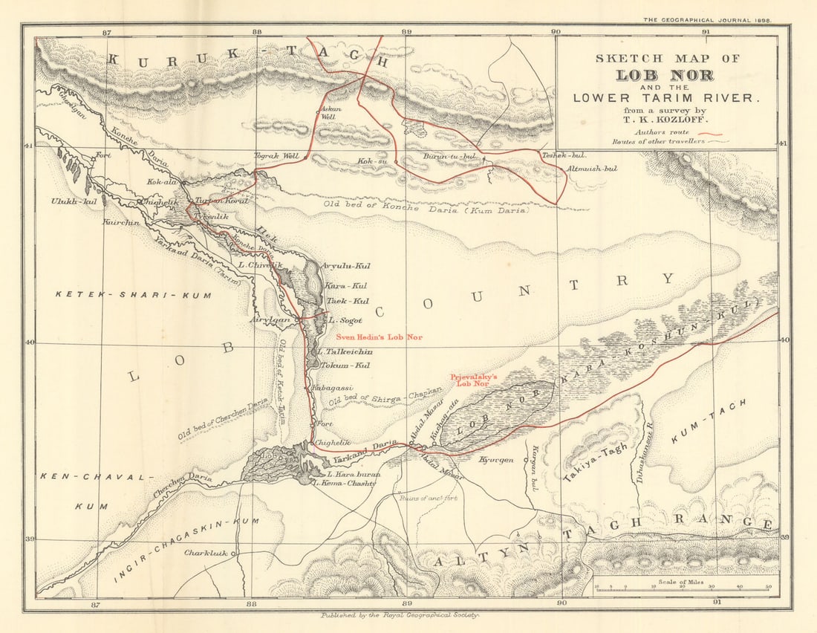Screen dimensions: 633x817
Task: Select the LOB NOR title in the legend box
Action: pos(665,75)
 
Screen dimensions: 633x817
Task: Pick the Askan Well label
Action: pos(329,112)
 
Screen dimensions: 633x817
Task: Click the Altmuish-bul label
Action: pos(592,169)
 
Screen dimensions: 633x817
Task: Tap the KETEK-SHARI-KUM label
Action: pos(133,295)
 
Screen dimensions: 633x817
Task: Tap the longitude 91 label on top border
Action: pos(706,32)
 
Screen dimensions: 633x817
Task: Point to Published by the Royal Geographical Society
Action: pos(400,615)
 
